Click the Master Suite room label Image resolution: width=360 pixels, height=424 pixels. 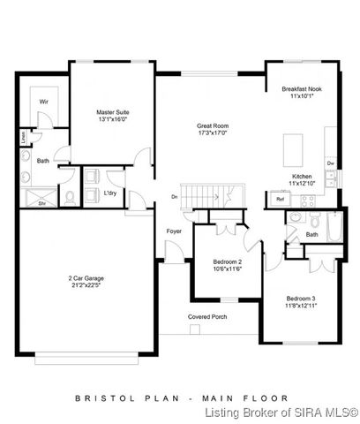coord(113,111)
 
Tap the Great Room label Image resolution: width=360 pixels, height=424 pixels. coord(213,126)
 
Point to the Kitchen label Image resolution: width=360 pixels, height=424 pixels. coord(302,177)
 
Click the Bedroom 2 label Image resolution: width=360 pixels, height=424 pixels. coord(228,262)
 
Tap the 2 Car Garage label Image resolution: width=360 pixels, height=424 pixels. coord(86,278)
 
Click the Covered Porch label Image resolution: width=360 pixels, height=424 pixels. coord(205,316)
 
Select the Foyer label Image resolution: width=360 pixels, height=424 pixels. coord(174,231)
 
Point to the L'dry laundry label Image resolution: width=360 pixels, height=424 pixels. coord(111,193)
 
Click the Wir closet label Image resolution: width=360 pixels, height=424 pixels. coord(42,102)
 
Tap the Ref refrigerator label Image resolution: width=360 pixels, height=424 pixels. coord(280,200)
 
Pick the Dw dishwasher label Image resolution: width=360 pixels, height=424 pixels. coord(329,163)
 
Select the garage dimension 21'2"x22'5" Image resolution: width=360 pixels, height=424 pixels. coord(86,285)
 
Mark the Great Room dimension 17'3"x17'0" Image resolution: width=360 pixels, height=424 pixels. coord(213,134)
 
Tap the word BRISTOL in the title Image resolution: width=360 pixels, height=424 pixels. coord(104,398)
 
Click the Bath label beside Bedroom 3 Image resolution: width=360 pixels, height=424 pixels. coord(312,234)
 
